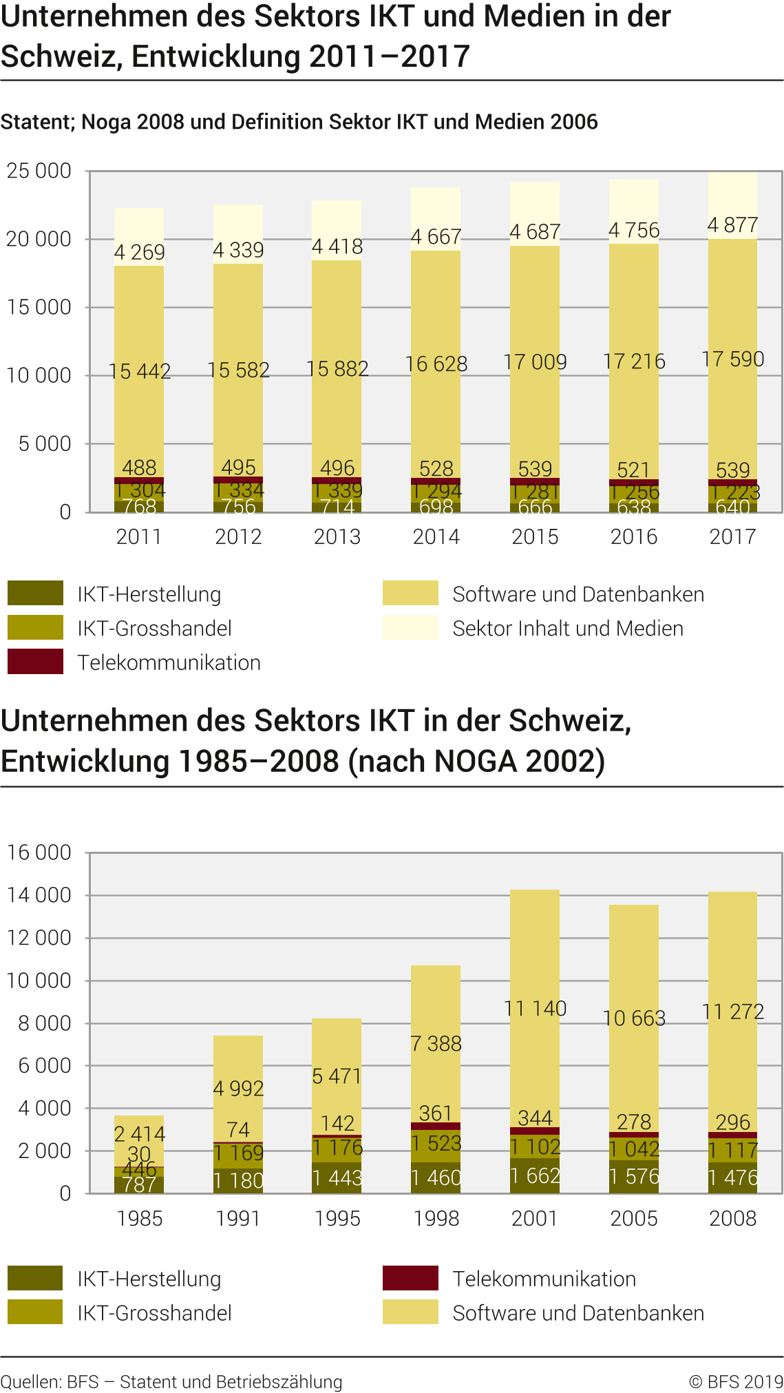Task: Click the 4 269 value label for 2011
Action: click(139, 252)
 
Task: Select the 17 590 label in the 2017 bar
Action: click(732, 359)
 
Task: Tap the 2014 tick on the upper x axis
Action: click(436, 536)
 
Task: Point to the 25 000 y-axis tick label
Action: click(39, 171)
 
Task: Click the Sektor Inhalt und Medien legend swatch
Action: click(410, 628)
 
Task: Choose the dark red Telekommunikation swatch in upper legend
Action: click(35, 662)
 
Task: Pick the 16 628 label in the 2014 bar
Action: click(436, 364)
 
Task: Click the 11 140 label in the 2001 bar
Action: click(535, 1008)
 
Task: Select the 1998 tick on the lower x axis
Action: click(436, 1218)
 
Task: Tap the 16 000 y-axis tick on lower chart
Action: click(39, 852)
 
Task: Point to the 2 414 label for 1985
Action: click(139, 1133)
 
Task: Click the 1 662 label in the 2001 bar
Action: click(535, 1175)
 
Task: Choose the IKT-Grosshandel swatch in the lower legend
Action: click(35, 1312)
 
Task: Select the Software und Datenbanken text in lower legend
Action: click(578, 1313)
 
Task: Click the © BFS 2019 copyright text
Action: click(736, 1381)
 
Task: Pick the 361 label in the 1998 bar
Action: click(436, 1113)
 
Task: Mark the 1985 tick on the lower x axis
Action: click(139, 1218)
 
